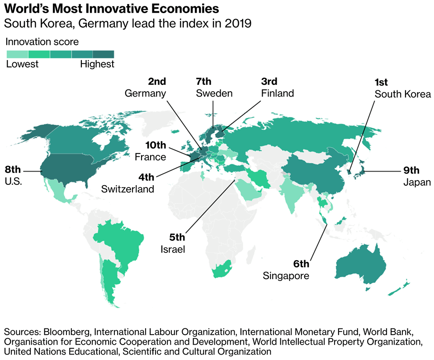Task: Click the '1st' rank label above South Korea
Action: coord(382,82)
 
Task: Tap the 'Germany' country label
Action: coord(145,94)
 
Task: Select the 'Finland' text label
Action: coord(277,94)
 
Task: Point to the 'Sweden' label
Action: coord(214,94)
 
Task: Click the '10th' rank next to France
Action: coord(156,145)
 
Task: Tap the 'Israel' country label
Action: coord(173,249)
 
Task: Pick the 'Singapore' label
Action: coord(286,276)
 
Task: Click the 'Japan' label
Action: coord(417,183)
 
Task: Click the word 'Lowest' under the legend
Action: coord(22,64)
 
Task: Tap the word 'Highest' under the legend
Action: coord(97,64)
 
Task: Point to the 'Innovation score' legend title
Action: coord(42,42)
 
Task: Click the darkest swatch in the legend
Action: coord(104,54)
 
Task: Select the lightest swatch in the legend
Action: coord(17,54)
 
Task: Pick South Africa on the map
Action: coord(223,269)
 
